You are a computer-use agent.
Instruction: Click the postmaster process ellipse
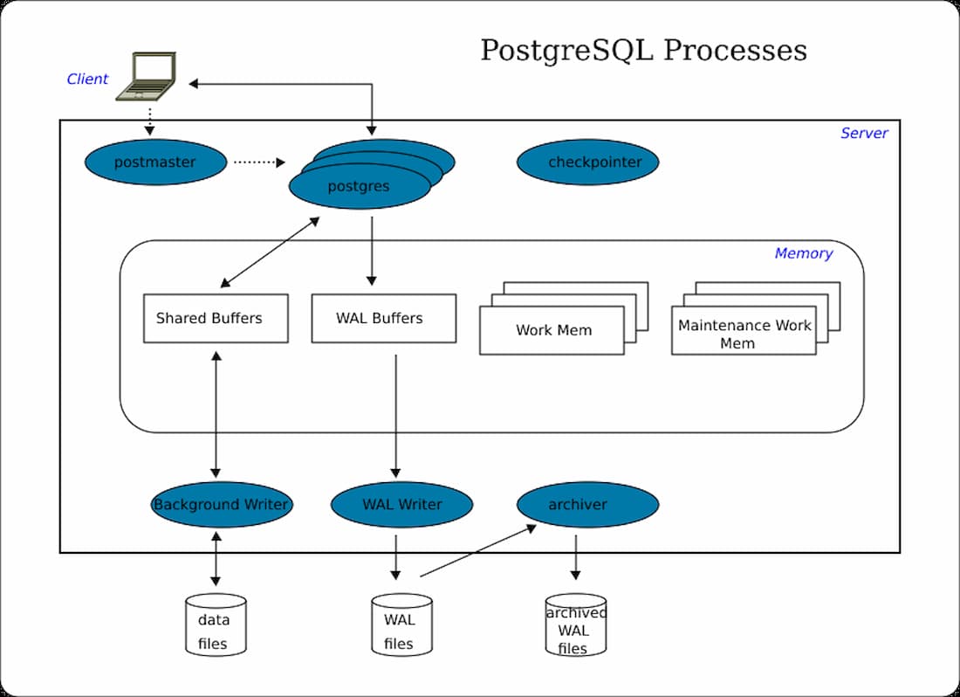click(x=155, y=162)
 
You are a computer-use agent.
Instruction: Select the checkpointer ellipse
click(x=587, y=162)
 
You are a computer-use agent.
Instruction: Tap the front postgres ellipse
click(x=360, y=186)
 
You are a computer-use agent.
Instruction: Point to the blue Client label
click(x=87, y=79)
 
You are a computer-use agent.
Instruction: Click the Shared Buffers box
click(x=216, y=318)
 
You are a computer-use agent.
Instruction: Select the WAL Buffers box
click(x=383, y=318)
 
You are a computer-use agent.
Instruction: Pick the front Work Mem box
click(x=552, y=330)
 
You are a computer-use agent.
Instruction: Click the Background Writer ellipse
click(x=221, y=505)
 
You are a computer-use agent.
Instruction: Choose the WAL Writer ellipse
click(x=401, y=505)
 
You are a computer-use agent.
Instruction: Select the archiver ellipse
click(x=587, y=505)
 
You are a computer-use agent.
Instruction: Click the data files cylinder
click(x=216, y=625)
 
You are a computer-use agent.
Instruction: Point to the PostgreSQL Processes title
click(x=643, y=50)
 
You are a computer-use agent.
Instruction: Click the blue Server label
click(x=864, y=134)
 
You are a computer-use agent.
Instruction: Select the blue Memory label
click(x=803, y=254)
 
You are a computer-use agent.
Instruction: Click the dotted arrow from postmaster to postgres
click(x=258, y=162)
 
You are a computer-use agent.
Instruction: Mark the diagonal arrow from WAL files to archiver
click(x=477, y=551)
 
